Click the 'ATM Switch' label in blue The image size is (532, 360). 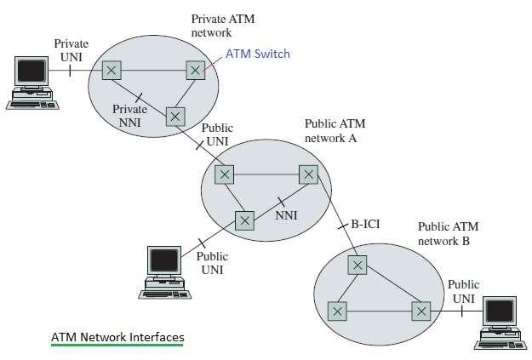point(259,54)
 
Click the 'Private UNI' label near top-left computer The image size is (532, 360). point(72,49)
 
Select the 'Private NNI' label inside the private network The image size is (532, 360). point(130,116)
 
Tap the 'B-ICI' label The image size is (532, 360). point(367,226)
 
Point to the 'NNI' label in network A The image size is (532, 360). point(286,215)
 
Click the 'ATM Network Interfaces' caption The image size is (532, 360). point(117,337)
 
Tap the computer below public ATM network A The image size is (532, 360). point(163,271)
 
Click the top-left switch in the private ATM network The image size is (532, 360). point(112,70)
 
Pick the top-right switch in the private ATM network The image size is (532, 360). point(196,70)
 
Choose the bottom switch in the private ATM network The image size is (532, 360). point(175,114)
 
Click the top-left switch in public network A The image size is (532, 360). point(224,174)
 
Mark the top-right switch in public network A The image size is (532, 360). point(308,174)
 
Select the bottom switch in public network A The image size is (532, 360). point(245,220)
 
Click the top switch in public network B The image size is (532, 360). point(358,266)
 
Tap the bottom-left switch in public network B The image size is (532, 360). point(338,311)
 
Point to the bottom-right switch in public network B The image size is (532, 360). point(421,311)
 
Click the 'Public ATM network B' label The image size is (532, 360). point(448,234)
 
